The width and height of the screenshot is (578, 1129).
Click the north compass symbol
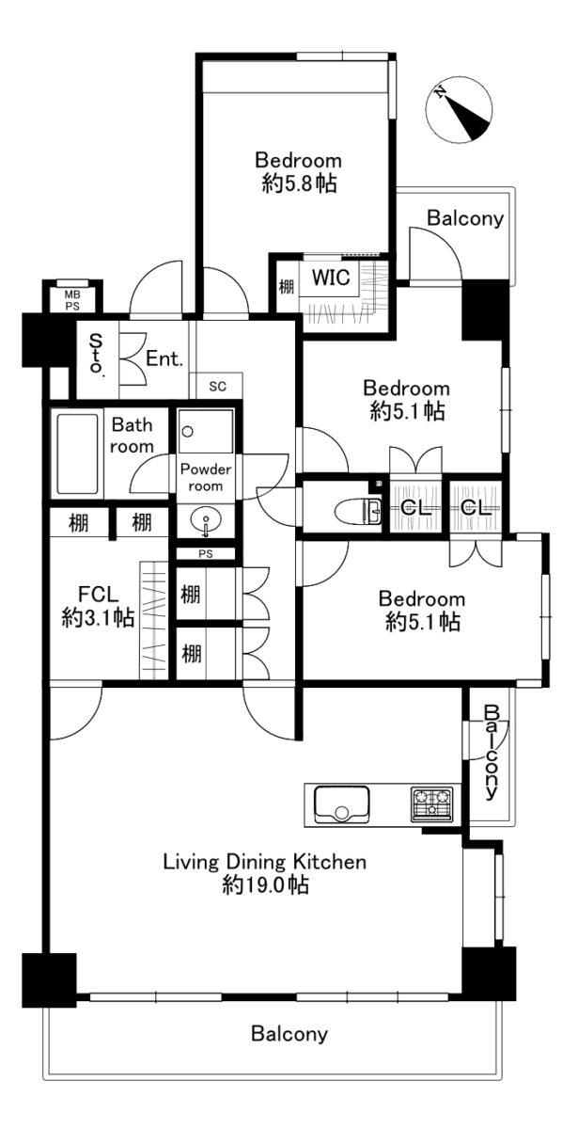pos(459,112)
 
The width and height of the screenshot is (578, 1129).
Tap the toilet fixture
pos(359,512)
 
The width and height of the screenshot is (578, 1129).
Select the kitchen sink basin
pos(341,803)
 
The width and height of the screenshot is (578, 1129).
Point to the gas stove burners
pos(432,803)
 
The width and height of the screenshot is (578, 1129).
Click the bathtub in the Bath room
pos(77,453)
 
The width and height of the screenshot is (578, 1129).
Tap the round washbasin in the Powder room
pos(206,520)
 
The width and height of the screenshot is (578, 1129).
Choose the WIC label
pos(331,278)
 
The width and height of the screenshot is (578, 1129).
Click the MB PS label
pos(72,300)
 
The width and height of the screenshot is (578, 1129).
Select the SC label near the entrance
pos(217,387)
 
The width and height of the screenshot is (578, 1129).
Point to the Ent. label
pos(164,358)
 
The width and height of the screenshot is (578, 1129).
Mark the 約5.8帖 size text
pos(299,183)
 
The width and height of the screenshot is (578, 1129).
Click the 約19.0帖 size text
pos(265,885)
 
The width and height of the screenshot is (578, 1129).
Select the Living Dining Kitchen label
pos(265,862)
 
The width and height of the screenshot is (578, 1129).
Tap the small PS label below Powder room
pos(206,554)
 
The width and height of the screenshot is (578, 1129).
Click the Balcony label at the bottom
pos(289,1034)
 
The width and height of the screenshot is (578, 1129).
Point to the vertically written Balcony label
pos(492,752)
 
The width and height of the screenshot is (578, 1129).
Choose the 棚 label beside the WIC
pos(287,287)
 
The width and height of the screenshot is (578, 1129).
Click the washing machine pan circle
pos(188,432)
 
